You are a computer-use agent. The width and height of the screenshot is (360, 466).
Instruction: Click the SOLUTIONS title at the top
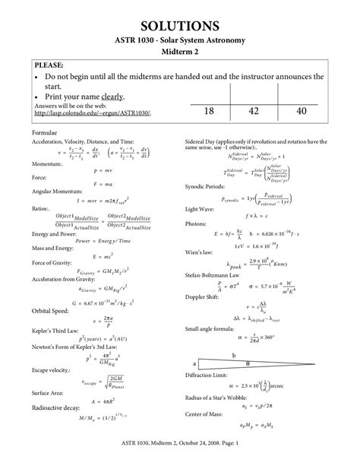click(x=180, y=27)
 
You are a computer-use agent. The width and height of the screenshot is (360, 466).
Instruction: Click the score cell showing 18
click(x=210, y=111)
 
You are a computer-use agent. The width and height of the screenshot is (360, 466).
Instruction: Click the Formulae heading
click(x=46, y=132)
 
